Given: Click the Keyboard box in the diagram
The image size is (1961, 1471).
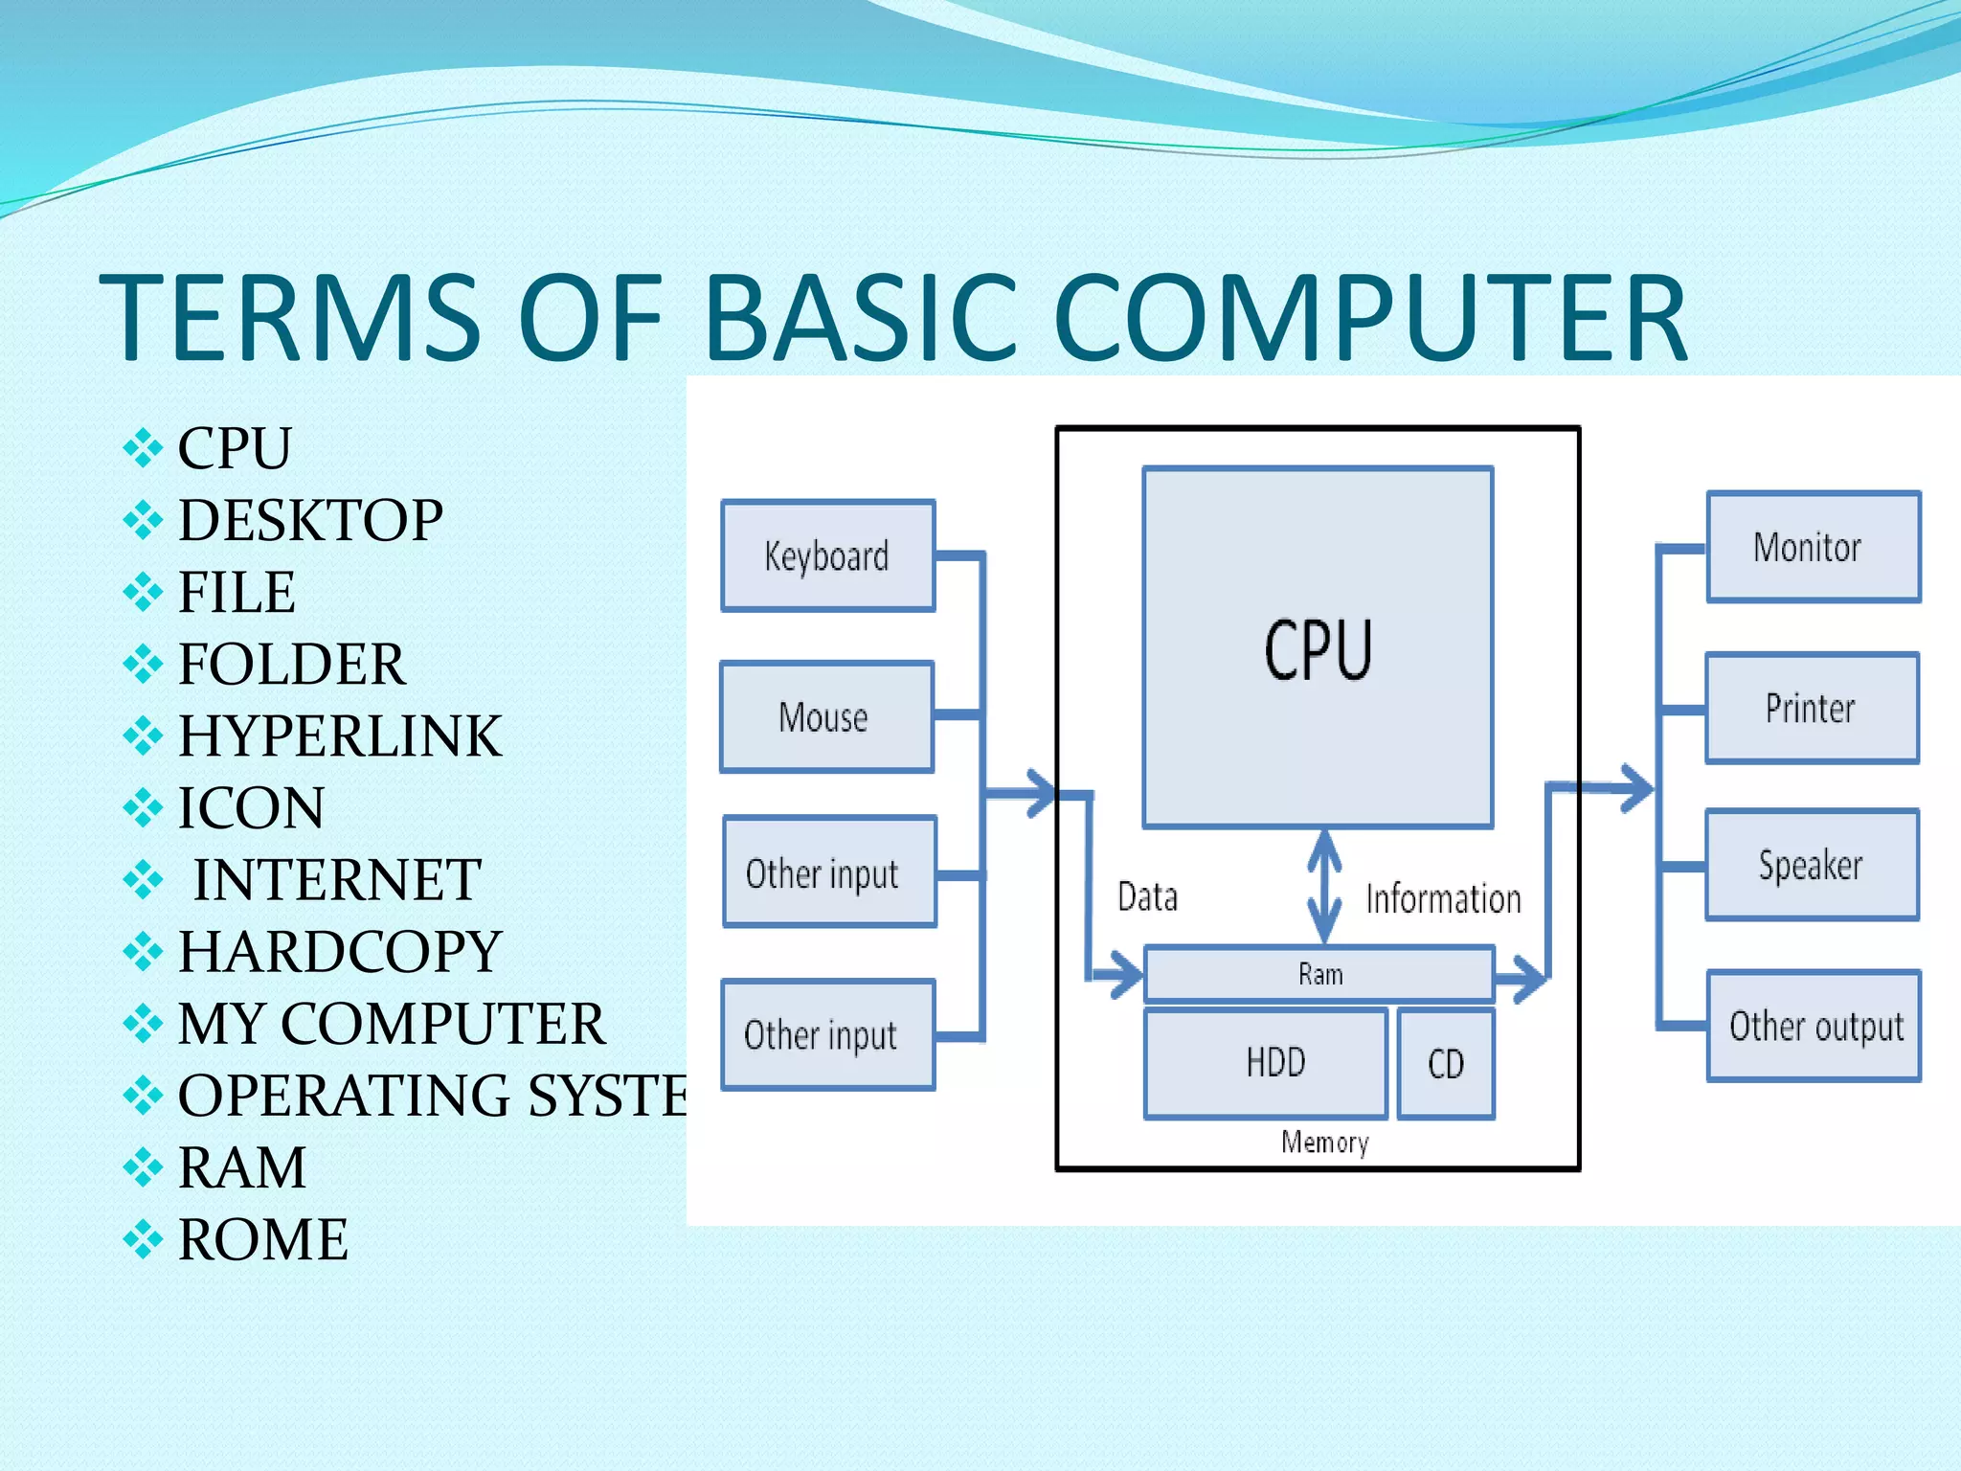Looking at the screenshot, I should point(827,555).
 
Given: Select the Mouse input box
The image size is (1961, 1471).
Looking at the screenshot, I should point(825,716).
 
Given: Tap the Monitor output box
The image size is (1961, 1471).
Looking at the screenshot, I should point(1813,547).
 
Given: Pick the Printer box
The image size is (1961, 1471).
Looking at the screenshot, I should point(1812,709).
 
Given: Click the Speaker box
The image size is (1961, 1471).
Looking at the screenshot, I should point(1812,865).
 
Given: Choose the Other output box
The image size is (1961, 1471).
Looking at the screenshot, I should point(1814,1026).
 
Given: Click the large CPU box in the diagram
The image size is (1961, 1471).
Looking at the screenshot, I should point(1318,647).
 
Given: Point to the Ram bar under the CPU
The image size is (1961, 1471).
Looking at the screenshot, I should point(1319,974).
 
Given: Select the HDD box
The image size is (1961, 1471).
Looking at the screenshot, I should point(1266,1063).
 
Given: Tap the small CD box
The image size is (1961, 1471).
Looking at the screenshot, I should point(1446,1063).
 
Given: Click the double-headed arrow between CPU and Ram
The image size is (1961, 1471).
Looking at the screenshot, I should point(1324,887).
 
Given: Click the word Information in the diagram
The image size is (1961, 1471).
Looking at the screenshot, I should point(1443,899).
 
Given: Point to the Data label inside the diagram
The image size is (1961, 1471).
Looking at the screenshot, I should point(1147,897).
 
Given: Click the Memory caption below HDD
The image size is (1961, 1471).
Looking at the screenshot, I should point(1324,1142).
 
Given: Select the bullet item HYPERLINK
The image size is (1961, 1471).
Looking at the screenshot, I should point(339,735).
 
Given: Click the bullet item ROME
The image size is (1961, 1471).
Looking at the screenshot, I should point(262,1239).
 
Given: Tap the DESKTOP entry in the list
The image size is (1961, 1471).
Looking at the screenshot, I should point(310,520).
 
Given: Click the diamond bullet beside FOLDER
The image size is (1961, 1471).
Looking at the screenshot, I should point(143,664).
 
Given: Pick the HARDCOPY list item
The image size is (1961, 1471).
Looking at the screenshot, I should point(339,951).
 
